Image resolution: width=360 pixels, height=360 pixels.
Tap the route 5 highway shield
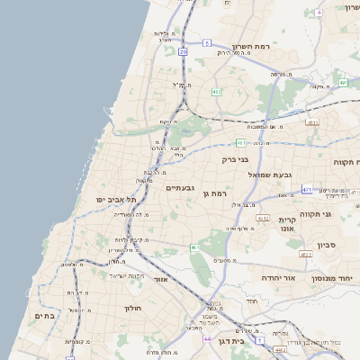[x=206, y=42]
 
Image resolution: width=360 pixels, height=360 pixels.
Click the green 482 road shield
[x=216, y=92]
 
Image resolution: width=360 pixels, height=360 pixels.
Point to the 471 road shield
[x=307, y=190]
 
